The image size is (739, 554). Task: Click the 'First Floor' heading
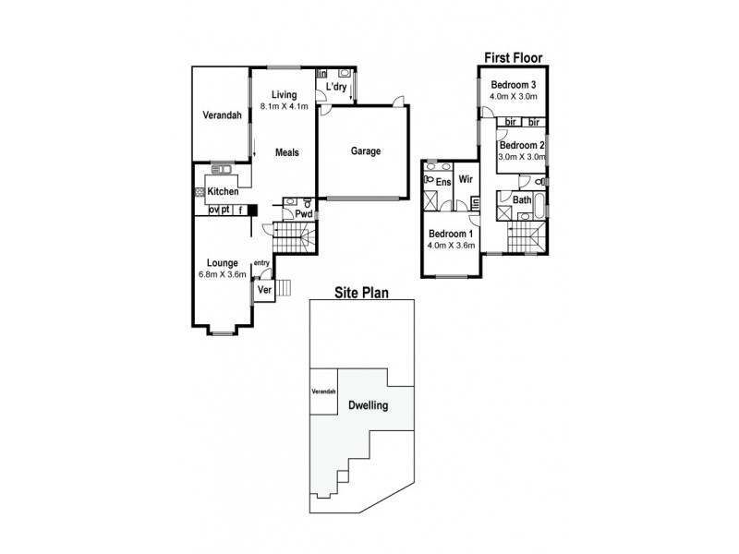(513, 57)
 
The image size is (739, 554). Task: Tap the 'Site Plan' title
(361, 293)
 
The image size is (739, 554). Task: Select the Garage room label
(365, 152)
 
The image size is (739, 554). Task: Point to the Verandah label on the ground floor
(222, 115)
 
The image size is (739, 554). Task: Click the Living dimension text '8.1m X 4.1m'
(284, 107)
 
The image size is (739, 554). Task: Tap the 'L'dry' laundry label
(335, 88)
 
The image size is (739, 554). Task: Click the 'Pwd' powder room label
(302, 214)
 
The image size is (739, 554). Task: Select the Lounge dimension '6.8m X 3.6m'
(223, 274)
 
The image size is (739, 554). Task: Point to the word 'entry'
(261, 263)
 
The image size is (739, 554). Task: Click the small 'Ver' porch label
(263, 290)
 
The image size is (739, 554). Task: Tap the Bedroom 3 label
(513, 85)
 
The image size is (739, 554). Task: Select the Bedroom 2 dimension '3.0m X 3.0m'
(522, 157)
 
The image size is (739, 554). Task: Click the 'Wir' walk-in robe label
(466, 181)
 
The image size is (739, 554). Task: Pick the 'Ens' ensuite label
(442, 182)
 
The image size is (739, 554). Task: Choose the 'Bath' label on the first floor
(522, 199)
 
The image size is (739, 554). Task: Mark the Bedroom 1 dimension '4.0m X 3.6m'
(450, 246)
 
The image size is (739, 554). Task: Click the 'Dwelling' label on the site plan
(368, 405)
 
